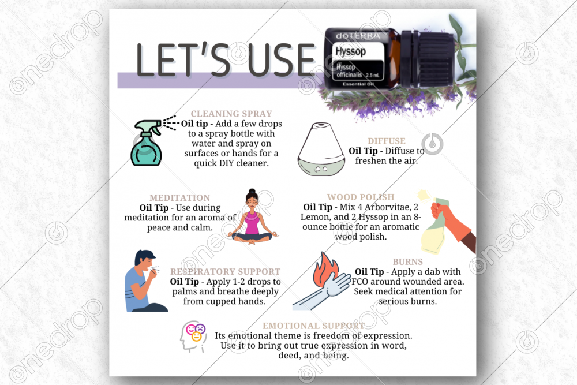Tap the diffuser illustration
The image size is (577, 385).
coord(321,149)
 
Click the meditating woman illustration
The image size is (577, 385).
coord(253,217)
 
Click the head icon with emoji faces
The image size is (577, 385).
coord(193,336)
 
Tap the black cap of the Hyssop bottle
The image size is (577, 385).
coord(427,59)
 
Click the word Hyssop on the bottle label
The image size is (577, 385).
coord(350,51)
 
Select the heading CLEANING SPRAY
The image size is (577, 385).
coord(231,114)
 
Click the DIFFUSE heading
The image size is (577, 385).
coord(387,141)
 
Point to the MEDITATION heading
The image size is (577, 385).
coord(179,197)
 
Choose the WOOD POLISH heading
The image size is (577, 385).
coord(361,197)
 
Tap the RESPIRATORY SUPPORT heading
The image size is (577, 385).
coord(225,272)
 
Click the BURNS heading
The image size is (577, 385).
coord(408,261)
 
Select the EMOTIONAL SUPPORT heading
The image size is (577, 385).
coord(313,326)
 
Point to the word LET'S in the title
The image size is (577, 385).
coord(183,59)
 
